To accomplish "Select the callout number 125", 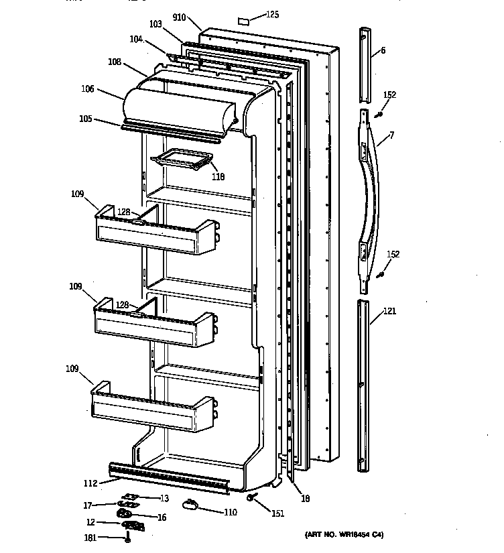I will (x=271, y=14).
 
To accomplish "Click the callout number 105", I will (x=85, y=120).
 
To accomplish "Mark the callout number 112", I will (x=90, y=483).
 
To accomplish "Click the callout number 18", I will (x=305, y=498).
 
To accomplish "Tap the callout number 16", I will (x=161, y=517).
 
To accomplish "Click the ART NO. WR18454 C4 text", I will (x=343, y=534).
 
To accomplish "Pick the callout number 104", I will (x=136, y=40).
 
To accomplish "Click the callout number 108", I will (x=114, y=62).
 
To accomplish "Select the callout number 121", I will (x=389, y=311).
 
